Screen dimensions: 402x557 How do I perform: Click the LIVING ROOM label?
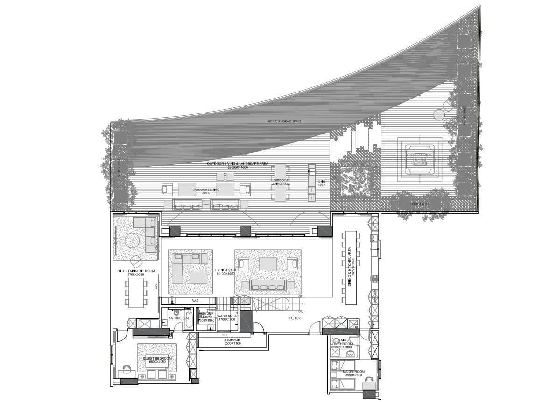(226, 270)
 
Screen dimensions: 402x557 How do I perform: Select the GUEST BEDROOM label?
(157, 358)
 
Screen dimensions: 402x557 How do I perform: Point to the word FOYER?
(294, 318)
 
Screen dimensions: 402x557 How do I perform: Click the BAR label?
(195, 301)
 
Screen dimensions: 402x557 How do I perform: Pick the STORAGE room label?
(232, 339)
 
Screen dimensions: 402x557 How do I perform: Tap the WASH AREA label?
(227, 316)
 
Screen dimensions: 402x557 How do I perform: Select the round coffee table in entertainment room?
(132, 240)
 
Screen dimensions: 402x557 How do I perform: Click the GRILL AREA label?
(321, 183)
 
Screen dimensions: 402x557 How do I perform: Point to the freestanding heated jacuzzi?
(419, 159)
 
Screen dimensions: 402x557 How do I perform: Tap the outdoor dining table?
(280, 182)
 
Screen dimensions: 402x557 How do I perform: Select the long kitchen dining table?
(351, 268)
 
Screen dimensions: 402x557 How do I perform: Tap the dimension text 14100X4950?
(225, 274)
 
